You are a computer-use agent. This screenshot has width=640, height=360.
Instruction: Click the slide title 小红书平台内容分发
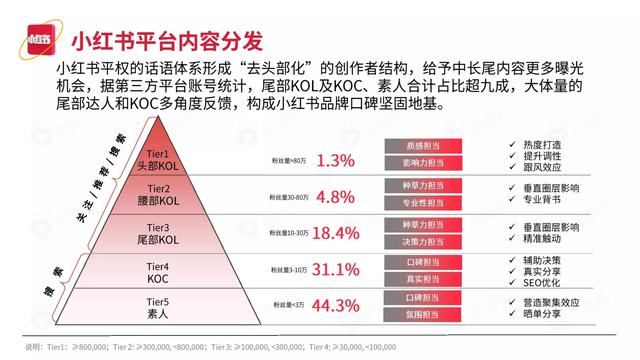[x=168, y=42]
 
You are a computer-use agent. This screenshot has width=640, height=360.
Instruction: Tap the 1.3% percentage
[x=335, y=160]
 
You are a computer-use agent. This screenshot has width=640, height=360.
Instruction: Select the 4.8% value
[x=335, y=196]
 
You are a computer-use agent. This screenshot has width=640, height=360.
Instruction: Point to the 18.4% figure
[x=335, y=233]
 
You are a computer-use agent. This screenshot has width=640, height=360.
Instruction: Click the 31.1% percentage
[x=335, y=269]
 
